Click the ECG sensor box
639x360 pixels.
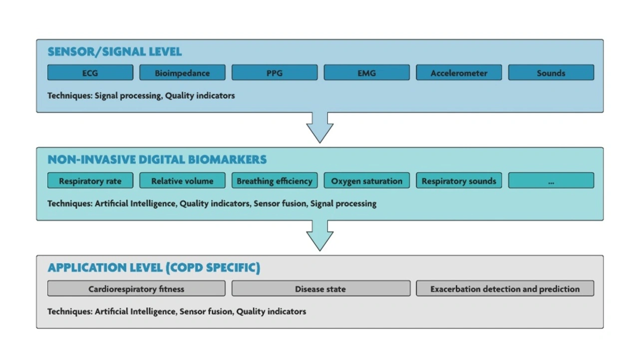(90, 72)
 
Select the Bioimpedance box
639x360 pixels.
(182, 72)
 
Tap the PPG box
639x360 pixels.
(275, 72)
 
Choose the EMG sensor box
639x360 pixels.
(366, 72)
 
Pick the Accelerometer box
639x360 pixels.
(459, 72)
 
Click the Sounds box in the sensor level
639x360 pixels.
(551, 72)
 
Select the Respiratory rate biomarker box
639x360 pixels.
(90, 180)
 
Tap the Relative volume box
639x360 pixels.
(182, 180)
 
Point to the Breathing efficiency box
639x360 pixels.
(275, 180)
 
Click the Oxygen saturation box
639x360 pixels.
(366, 180)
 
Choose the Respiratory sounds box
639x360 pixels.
(459, 180)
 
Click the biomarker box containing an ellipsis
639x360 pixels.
(551, 180)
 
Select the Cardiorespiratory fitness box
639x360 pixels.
(136, 289)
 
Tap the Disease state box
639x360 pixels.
(321, 289)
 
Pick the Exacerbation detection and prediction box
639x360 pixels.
(505, 289)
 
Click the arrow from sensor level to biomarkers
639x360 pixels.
(320, 127)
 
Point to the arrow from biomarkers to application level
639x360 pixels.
(320, 235)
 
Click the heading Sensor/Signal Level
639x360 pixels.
(115, 52)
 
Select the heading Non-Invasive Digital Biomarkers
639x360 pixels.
(157, 159)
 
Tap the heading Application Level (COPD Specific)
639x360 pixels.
(154, 268)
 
